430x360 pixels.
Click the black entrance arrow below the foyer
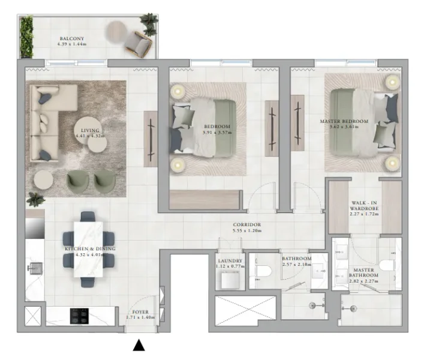(139, 345)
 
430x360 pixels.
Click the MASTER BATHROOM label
(363, 274)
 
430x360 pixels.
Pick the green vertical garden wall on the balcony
(26, 37)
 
